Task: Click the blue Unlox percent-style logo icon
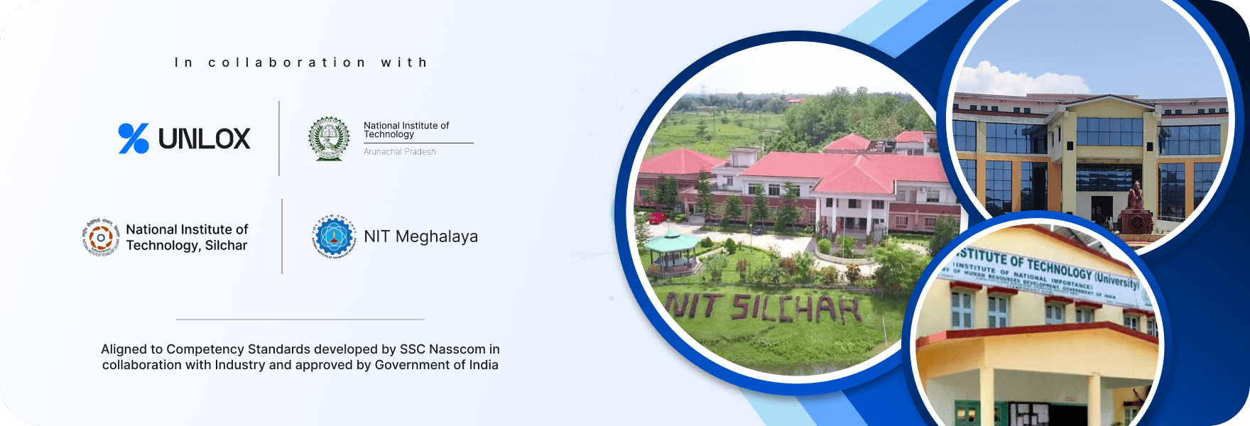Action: pos(134,138)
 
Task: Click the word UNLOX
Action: pos(205,139)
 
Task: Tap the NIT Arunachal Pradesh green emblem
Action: pos(329,138)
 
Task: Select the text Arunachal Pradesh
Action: pos(400,152)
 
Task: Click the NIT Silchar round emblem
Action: pos(101,237)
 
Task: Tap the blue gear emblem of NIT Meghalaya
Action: pos(334,237)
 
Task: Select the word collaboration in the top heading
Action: pos(287,62)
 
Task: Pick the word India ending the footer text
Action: pos(484,365)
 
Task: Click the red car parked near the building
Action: pos(657,217)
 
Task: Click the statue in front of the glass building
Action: pos(1134,203)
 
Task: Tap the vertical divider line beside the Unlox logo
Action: pos(279,138)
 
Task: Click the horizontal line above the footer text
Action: pos(300,319)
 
